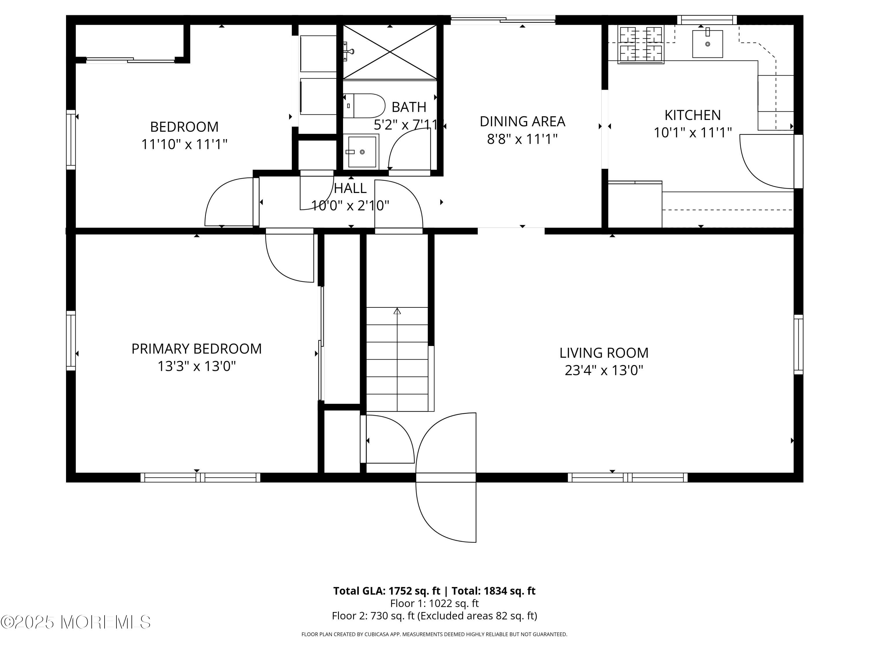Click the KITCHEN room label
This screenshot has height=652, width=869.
point(692,115)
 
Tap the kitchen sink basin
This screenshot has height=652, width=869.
point(707,44)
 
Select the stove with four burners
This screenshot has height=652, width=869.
point(640,44)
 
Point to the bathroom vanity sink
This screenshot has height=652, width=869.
point(362,152)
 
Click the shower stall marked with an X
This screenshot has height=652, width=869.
point(390,52)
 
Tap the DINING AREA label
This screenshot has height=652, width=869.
point(522,121)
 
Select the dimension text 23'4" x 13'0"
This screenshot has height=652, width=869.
point(604,370)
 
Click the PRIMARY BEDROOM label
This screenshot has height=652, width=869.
point(196,349)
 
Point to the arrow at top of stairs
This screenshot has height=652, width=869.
point(397,311)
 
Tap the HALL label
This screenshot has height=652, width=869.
point(350,188)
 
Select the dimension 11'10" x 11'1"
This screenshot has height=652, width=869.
point(184,144)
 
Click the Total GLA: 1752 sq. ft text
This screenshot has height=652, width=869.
point(387,591)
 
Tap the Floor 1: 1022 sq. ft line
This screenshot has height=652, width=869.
point(434,603)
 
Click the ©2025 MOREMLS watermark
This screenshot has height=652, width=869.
point(75,622)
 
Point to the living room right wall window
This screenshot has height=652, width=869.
point(798,344)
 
